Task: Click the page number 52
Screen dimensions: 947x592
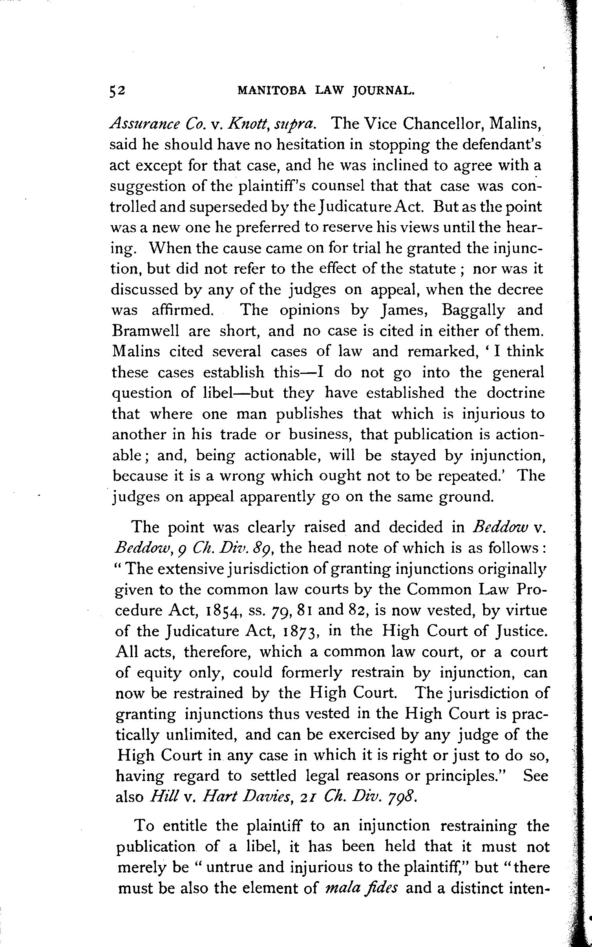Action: point(117,91)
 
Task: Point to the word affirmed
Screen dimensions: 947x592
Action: point(183,310)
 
